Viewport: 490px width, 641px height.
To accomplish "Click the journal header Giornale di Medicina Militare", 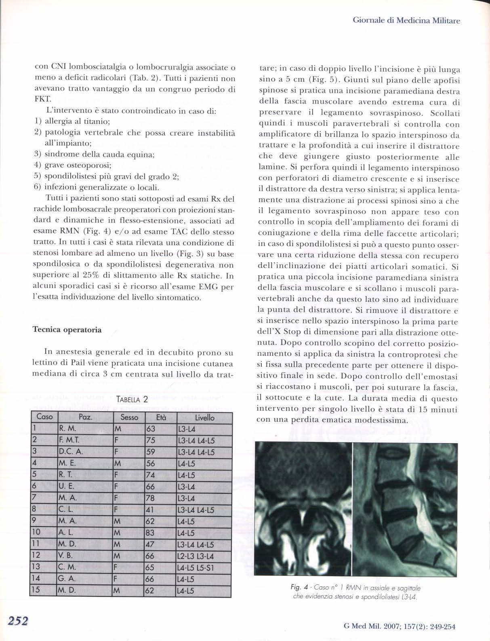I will pyautogui.click(x=406, y=20).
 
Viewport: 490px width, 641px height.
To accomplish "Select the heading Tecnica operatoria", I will pyautogui.click(x=67, y=330).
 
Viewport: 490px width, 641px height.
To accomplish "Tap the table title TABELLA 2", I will pyautogui.click(x=132, y=400).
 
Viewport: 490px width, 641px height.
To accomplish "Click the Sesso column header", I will pyautogui.click(x=129, y=417).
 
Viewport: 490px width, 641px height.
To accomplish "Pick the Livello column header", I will pyautogui.click(x=204, y=417).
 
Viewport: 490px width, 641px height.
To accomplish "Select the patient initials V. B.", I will pyautogui.click(x=66, y=556).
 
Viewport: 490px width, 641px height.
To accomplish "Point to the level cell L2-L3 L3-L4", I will pyautogui.click(x=196, y=556).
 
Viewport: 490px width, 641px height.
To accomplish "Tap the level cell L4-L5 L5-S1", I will pyautogui.click(x=196, y=567).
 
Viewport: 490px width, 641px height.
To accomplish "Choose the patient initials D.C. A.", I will pyautogui.click(x=71, y=452).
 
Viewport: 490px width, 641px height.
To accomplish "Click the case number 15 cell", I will pyautogui.click(x=36, y=590).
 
